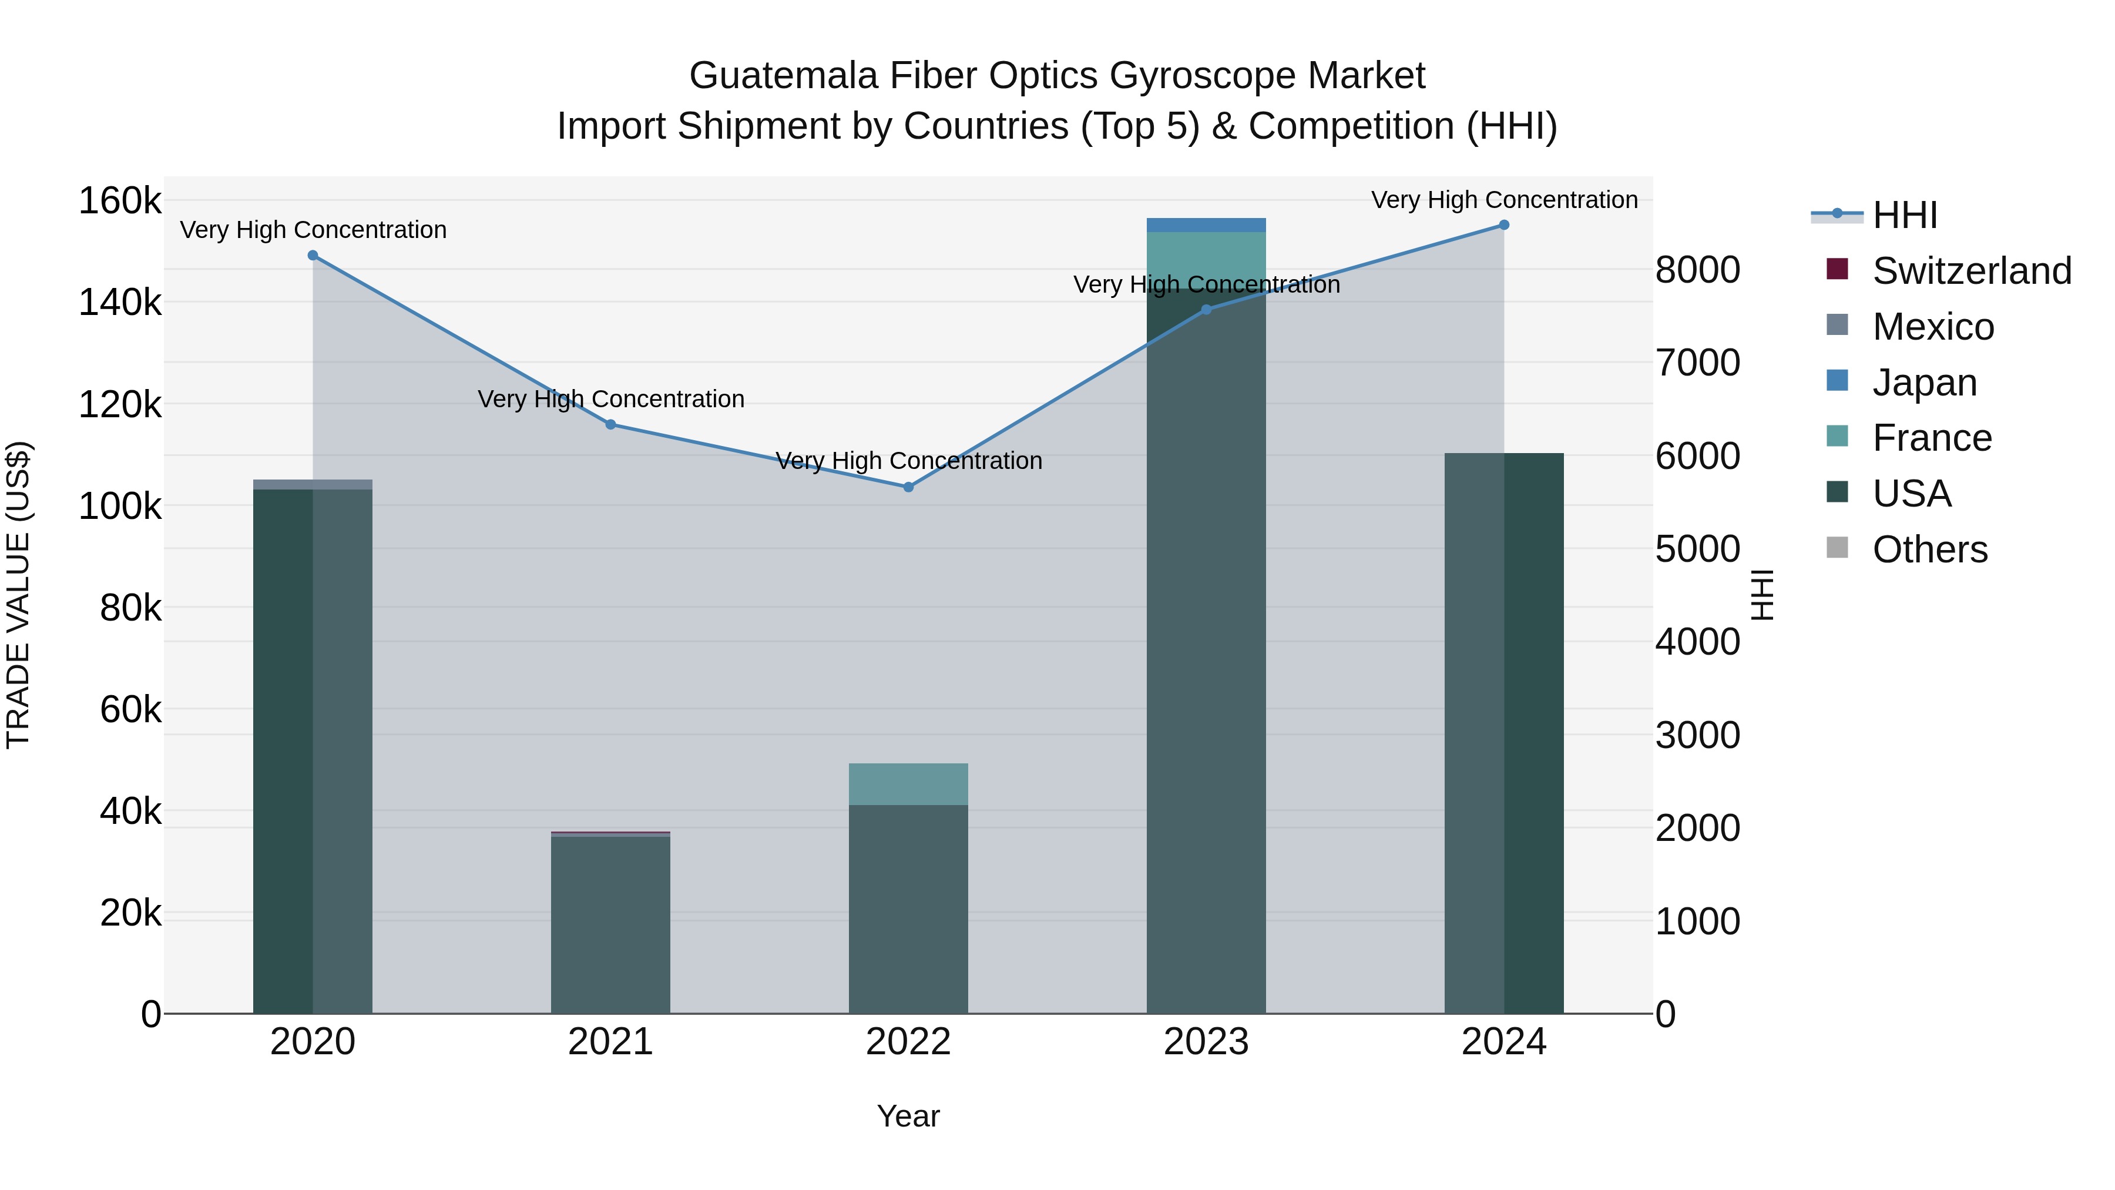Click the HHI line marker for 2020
click(x=313, y=256)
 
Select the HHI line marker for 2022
click(x=908, y=487)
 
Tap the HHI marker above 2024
click(x=1503, y=225)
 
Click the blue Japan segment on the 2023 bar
click(x=1206, y=225)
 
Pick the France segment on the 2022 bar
click(x=908, y=785)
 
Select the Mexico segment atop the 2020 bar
click(x=313, y=485)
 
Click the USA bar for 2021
click(x=610, y=924)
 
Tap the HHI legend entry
click(x=1905, y=215)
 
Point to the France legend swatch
click(x=1838, y=436)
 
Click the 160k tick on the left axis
click(x=120, y=200)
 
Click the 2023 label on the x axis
click(x=1206, y=1042)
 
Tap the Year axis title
click(x=908, y=1116)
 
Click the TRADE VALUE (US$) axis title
click(x=18, y=595)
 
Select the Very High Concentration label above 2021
click(x=611, y=399)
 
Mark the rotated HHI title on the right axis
click(x=1762, y=595)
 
